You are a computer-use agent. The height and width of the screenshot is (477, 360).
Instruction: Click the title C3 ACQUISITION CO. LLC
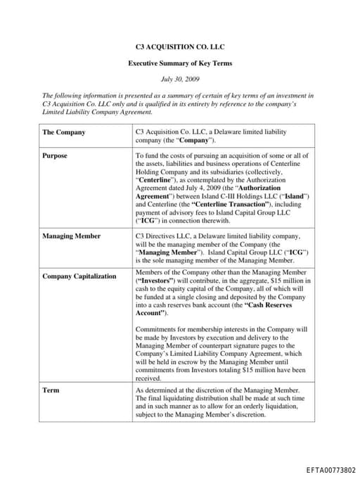[x=180, y=47]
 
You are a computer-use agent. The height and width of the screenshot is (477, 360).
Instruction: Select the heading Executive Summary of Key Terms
[x=180, y=63]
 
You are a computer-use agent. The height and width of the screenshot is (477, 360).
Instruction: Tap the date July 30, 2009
[x=180, y=79]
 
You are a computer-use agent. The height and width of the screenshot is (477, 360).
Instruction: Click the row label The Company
[x=64, y=132]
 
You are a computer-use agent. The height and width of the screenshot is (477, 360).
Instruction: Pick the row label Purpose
[x=55, y=155]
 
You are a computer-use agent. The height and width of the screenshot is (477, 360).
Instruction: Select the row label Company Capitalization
[x=79, y=276]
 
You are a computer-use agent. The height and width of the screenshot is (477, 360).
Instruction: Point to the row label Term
[x=50, y=389]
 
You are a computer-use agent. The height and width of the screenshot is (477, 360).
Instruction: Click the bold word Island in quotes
[x=294, y=196]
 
